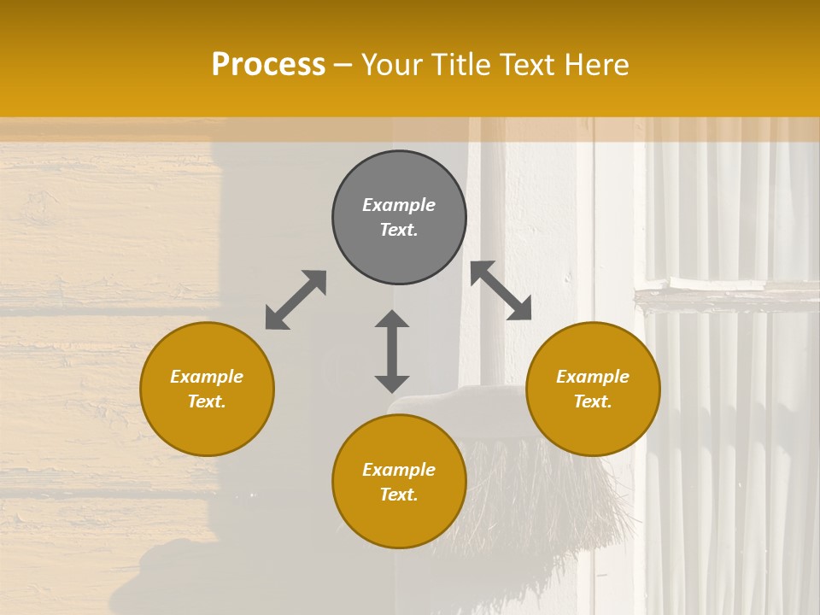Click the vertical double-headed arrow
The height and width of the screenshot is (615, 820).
392,351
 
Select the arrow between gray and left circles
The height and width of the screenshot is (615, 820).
296,300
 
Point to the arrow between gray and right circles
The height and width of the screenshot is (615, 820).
501,290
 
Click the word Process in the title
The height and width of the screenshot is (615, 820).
268,65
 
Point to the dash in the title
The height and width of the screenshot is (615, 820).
343,66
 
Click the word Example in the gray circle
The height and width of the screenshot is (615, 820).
399,205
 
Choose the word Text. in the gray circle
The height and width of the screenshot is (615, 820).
399,230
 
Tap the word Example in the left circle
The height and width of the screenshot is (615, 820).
207,377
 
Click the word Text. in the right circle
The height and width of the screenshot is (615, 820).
593,401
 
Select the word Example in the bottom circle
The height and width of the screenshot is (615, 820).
399,470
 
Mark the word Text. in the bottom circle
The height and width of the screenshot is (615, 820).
399,495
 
